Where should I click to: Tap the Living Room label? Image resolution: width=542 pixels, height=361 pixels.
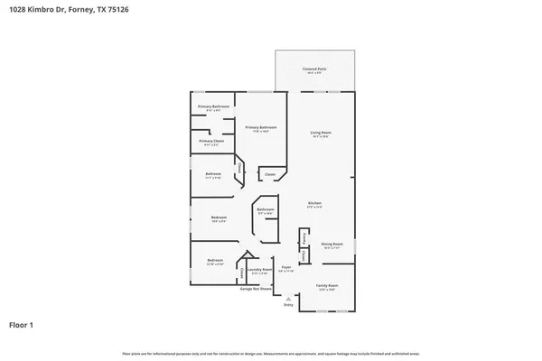tap(322, 134)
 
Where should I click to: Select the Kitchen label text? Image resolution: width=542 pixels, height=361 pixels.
tap(314, 203)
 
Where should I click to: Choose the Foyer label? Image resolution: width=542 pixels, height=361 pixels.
tap(285, 267)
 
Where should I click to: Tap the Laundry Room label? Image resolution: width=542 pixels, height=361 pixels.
tap(257, 269)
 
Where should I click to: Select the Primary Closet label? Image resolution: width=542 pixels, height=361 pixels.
tap(211, 142)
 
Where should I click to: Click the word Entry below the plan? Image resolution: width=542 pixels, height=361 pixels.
tap(289, 306)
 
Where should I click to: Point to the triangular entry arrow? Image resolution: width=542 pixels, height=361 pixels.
tap(289, 300)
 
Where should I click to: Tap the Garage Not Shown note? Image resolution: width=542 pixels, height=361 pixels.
tap(257, 289)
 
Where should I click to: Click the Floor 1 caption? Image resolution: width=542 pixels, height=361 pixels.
tap(22, 324)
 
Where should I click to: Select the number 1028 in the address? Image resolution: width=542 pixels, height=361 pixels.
tap(16, 9)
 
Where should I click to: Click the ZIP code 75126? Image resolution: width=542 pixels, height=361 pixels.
tap(118, 9)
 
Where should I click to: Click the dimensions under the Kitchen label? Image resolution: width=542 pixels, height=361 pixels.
tap(314, 208)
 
